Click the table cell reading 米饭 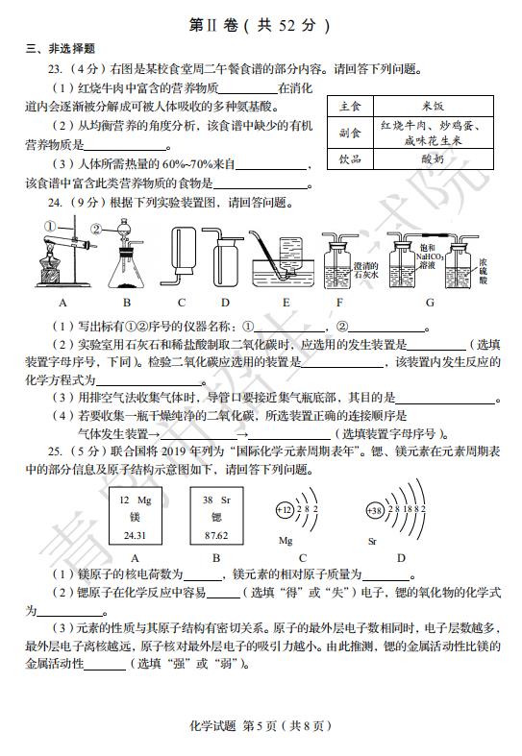click(x=433, y=106)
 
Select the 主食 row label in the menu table click(x=350, y=106)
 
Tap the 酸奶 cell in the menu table click(x=433, y=159)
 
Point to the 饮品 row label click(x=350, y=159)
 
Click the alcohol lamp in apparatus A click(x=49, y=267)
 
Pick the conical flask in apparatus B click(x=126, y=270)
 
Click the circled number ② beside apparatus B click(x=96, y=230)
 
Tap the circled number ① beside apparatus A click(x=50, y=226)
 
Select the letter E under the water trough click(x=286, y=303)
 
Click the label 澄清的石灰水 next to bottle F click(x=365, y=270)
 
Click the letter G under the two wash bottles click(x=430, y=303)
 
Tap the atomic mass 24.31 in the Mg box click(x=135, y=535)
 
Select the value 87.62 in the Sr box click(x=216, y=535)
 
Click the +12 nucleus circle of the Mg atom click(x=285, y=510)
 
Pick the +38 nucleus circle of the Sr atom click(x=375, y=510)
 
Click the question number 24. click(x=55, y=203)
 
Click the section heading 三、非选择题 click(x=61, y=49)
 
